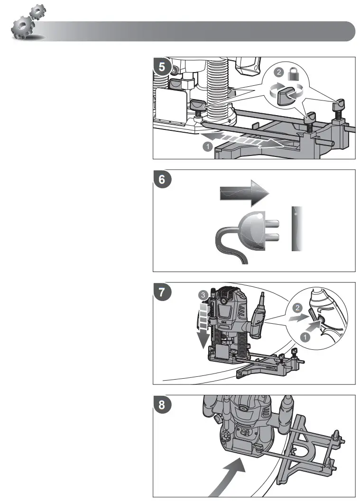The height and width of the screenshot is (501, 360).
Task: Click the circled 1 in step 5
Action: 207,147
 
